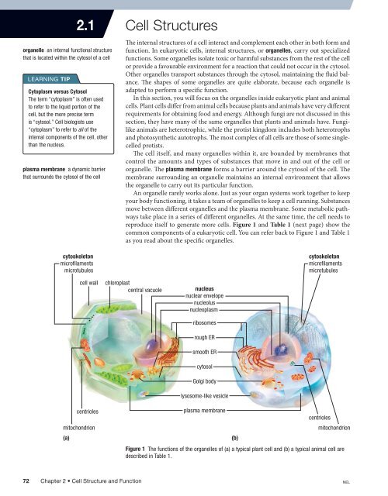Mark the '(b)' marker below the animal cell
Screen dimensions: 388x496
coord(234,437)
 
